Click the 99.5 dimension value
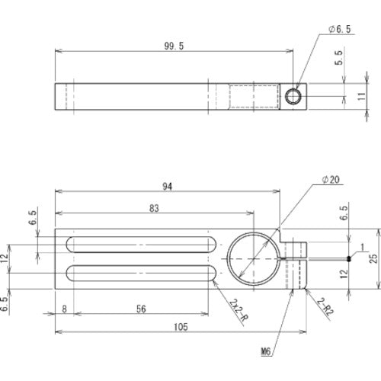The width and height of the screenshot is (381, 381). [174, 46]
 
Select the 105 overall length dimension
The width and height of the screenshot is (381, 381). [180, 326]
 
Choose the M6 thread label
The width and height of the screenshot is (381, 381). [266, 352]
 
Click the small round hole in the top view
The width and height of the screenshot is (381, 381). [293, 96]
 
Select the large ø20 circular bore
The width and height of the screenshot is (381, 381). [251, 258]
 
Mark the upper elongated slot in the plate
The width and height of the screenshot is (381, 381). [140, 245]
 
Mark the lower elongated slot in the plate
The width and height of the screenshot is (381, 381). [140, 272]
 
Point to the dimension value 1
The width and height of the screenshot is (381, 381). [363, 246]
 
